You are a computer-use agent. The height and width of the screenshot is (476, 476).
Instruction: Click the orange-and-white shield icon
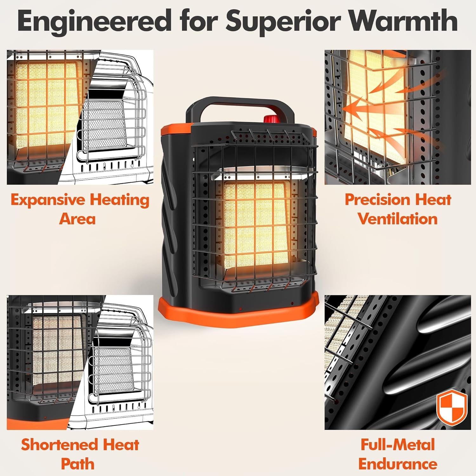(x=452, y=407)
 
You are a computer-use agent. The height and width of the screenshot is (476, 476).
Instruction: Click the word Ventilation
(x=398, y=219)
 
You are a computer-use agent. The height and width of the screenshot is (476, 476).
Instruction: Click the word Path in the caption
(x=78, y=464)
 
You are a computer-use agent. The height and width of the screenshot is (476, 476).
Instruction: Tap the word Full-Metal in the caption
(x=398, y=445)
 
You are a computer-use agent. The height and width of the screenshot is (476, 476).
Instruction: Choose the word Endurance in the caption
(x=398, y=464)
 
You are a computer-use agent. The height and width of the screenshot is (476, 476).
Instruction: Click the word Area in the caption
(x=77, y=219)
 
